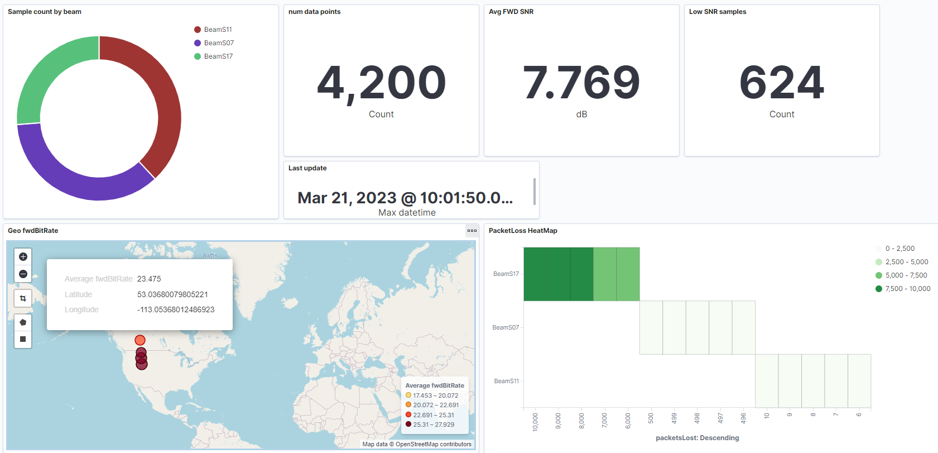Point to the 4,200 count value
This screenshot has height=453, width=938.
[x=381, y=83]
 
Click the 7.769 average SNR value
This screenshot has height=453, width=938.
[x=581, y=83]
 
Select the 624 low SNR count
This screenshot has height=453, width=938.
[x=781, y=83]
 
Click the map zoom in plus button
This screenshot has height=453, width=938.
[x=23, y=257]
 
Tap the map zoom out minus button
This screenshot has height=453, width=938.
[x=23, y=274]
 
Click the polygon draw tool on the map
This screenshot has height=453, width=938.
[x=23, y=322]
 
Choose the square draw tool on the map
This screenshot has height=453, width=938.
[x=23, y=339]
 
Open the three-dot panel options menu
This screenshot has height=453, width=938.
[x=472, y=231]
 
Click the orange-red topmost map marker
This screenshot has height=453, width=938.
[x=140, y=340]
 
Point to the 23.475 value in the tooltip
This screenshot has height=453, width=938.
[x=149, y=279]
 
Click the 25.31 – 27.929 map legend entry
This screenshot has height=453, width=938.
[x=433, y=425]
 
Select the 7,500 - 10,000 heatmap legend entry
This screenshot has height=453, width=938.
[x=907, y=289]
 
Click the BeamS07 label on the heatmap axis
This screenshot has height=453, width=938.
[x=506, y=327]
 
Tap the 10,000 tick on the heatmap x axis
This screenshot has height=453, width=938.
[x=536, y=422]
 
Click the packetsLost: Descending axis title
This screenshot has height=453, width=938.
[x=697, y=438]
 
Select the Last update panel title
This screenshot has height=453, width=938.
[x=307, y=168]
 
